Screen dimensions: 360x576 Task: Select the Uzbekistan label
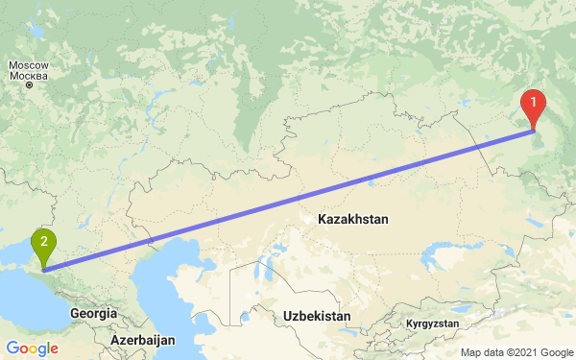tap(318, 315)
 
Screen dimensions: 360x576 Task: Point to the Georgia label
tap(93, 313)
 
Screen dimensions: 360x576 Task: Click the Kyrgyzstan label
tap(432, 324)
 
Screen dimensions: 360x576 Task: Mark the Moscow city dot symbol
tap(29, 84)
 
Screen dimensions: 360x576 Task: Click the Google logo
tap(33, 348)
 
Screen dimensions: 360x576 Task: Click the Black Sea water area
tap(24, 298)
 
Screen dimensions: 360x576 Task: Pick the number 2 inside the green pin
tap(43, 241)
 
